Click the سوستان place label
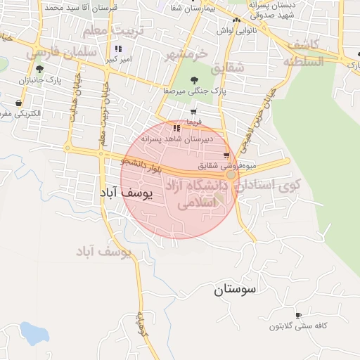(x=234, y=289)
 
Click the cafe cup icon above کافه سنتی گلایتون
(x=298, y=315)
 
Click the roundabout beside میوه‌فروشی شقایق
(x=231, y=174)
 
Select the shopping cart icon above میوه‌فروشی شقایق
(x=226, y=155)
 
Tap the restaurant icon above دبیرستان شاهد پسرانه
(x=176, y=128)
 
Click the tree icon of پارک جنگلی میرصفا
(x=194, y=79)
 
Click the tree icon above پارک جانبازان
(x=39, y=69)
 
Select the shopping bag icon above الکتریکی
(x=18, y=103)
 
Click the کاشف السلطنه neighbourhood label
(x=304, y=53)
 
